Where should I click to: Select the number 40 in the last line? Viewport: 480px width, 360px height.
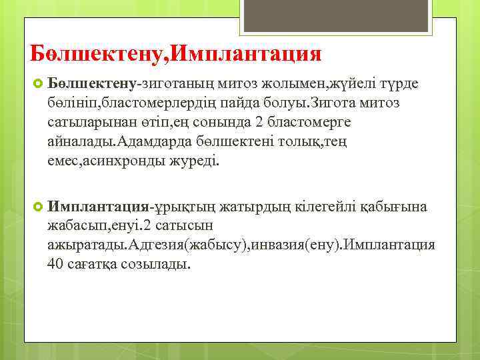click(x=55, y=263)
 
